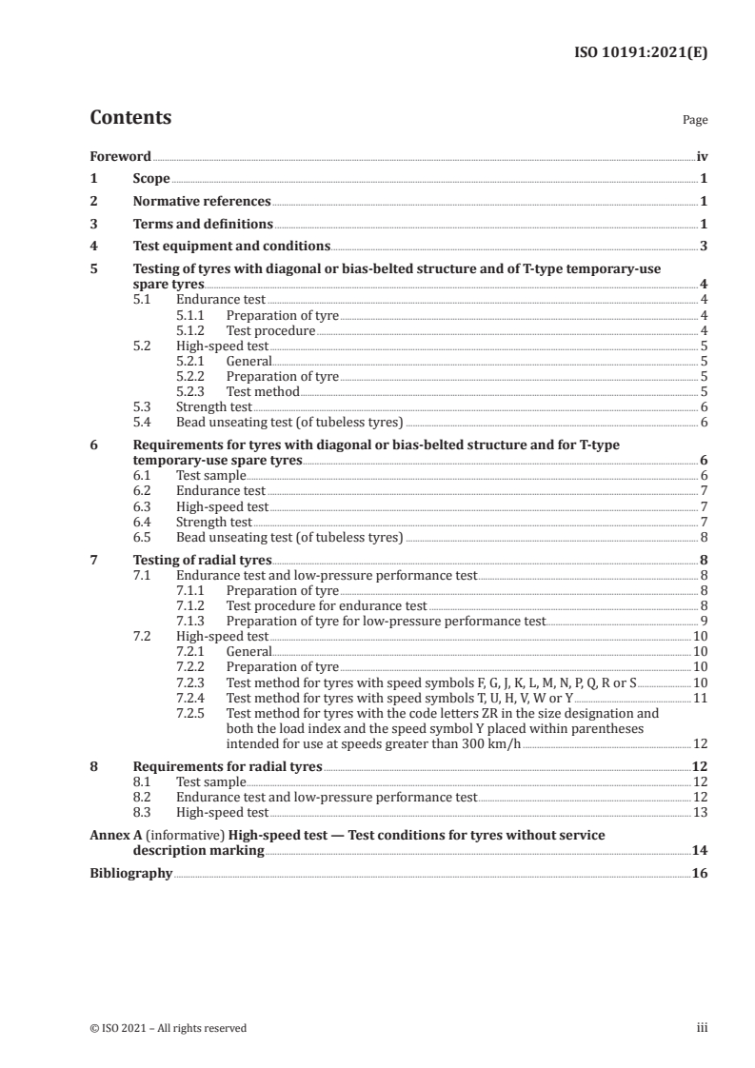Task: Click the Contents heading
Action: click(130, 118)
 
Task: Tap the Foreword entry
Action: click(120, 156)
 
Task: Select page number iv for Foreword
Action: click(702, 156)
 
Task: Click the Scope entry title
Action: click(150, 179)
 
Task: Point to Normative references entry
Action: click(202, 202)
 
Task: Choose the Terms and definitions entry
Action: click(203, 225)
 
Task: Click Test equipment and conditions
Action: click(231, 247)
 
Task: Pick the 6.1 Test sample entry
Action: click(210, 475)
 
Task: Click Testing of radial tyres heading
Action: click(202, 560)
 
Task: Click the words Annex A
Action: click(116, 835)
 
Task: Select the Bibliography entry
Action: click(130, 873)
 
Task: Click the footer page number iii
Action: click(702, 1028)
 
